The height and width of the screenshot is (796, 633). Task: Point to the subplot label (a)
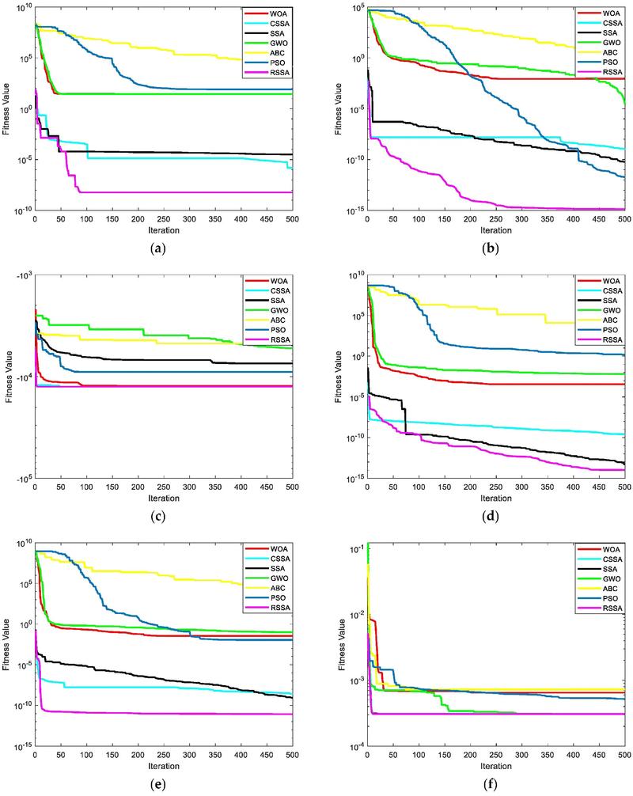coord(163,248)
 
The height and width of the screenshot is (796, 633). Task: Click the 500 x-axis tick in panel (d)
coord(623,487)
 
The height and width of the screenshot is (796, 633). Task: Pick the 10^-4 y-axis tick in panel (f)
coord(353,746)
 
